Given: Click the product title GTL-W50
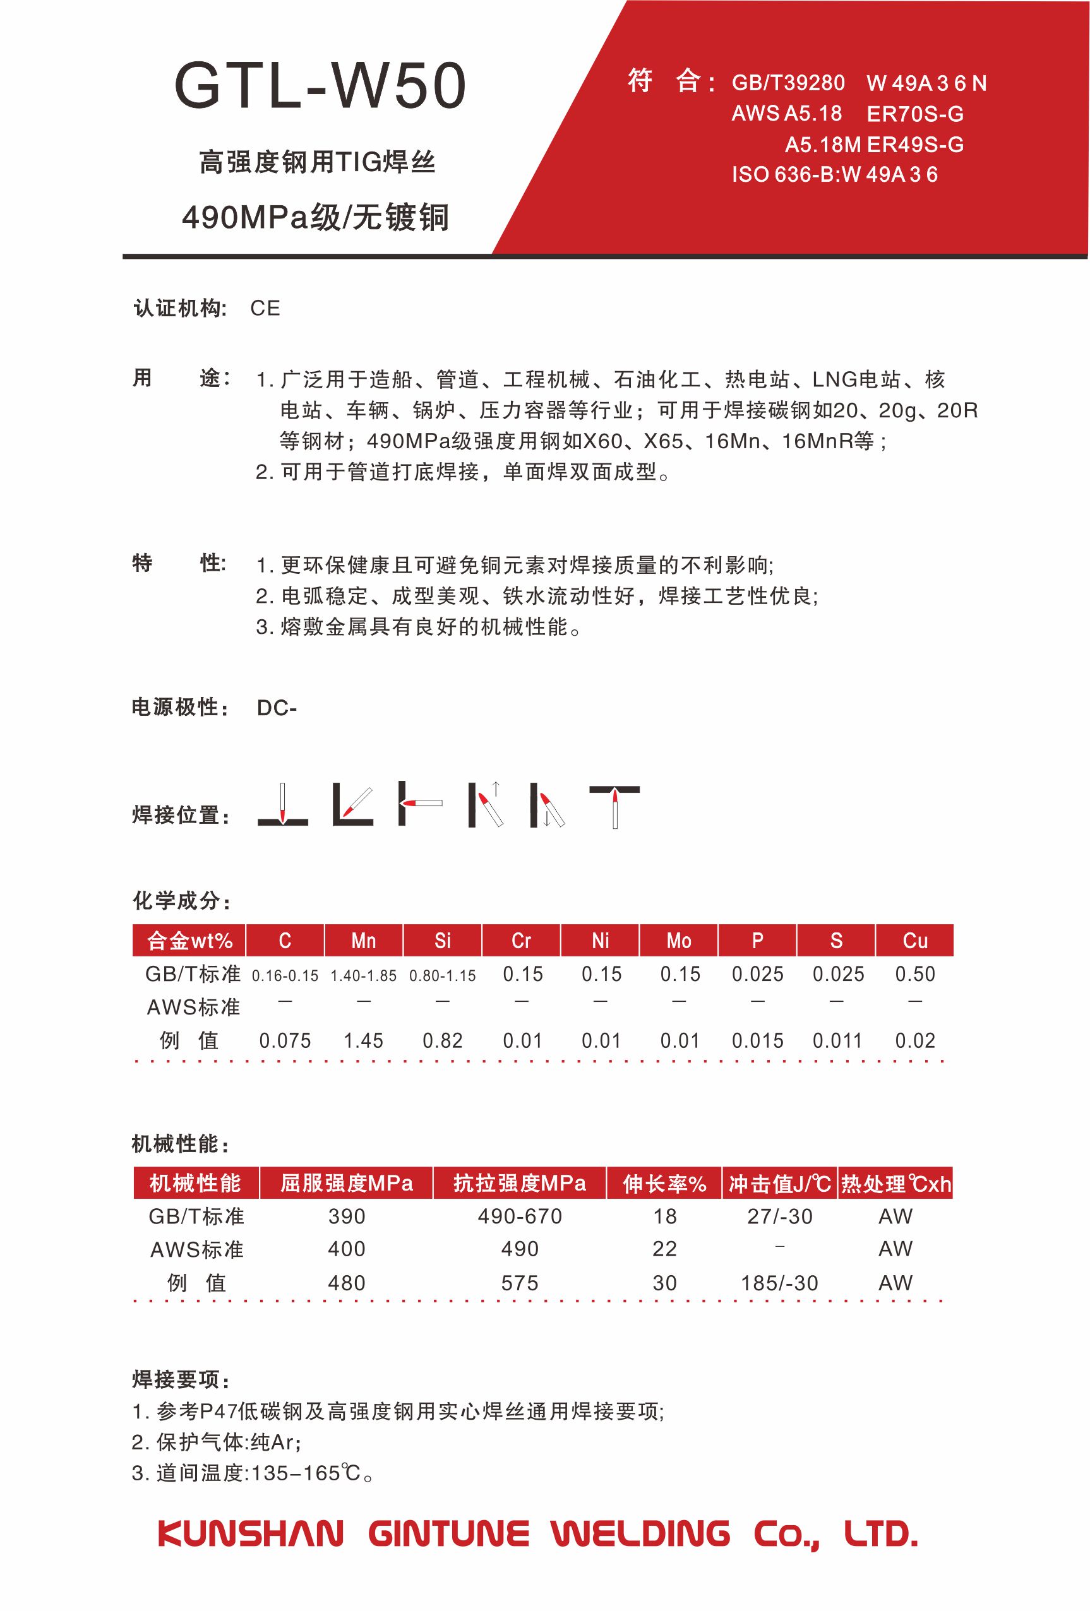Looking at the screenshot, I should tap(320, 86).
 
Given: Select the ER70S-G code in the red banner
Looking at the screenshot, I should tap(914, 114).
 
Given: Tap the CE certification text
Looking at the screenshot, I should tap(265, 309).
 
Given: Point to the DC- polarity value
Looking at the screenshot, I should tap(276, 708).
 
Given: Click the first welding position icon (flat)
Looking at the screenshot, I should tap(282, 805).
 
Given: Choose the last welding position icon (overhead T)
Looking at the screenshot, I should tap(614, 805).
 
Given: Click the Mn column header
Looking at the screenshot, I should tap(363, 941).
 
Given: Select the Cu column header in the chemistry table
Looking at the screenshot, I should tap(914, 941).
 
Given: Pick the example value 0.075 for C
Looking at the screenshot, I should tap(284, 1040).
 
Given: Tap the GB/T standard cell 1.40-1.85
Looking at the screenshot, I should tap(363, 975).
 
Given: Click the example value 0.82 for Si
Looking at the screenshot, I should tap(443, 1040).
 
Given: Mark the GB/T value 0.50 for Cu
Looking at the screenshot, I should tap(914, 974).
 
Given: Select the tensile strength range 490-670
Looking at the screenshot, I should tap(519, 1216).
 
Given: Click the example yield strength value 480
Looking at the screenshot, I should tap(346, 1283).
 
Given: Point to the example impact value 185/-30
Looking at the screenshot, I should tap(779, 1283).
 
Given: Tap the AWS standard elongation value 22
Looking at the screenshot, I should tap(664, 1249).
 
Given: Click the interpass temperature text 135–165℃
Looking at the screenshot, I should tap(305, 1472).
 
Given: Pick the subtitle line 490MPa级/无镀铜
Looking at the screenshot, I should tap(316, 218).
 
